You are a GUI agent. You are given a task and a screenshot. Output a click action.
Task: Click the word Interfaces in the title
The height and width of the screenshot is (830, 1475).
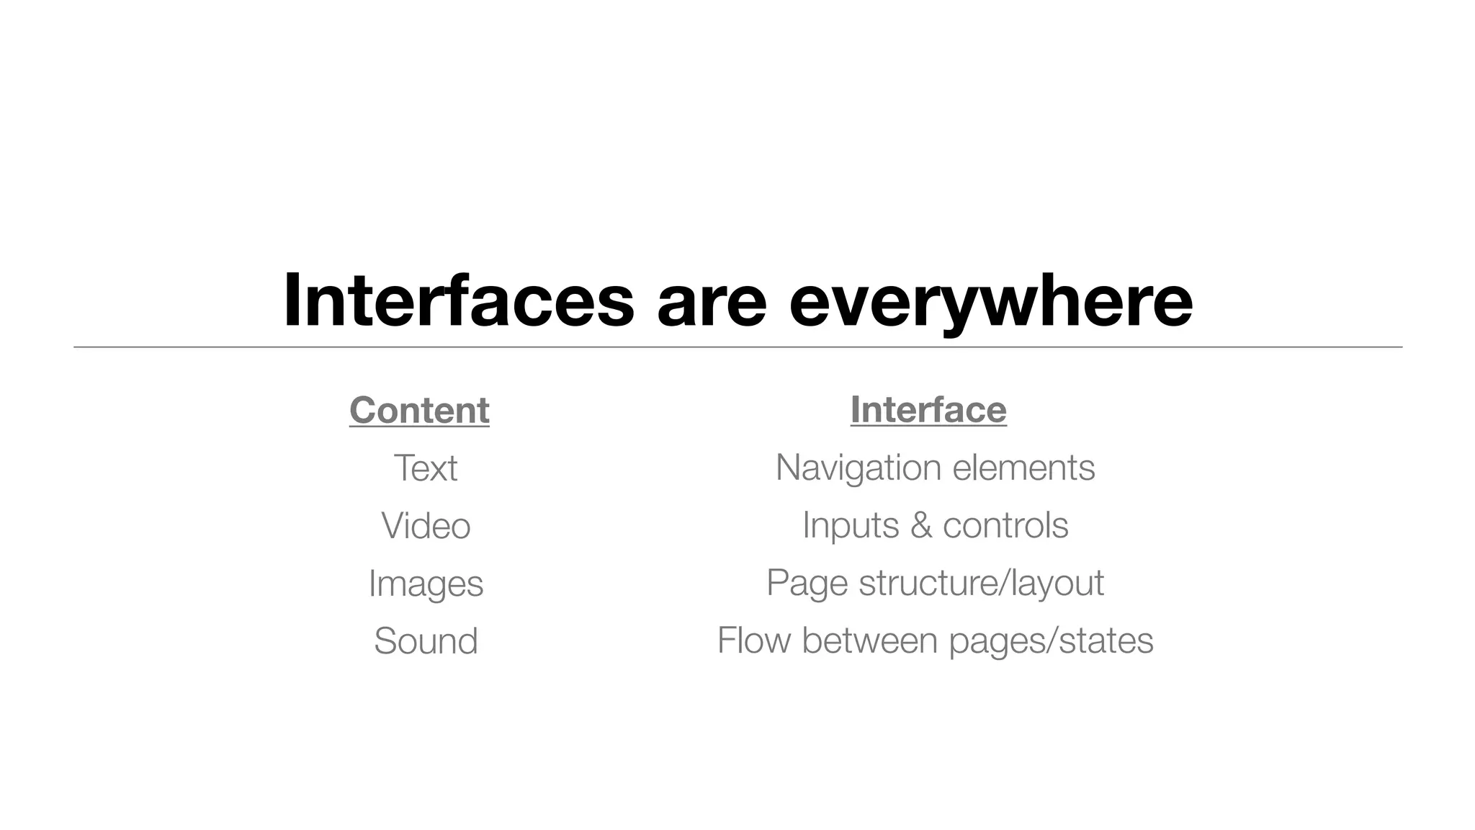(x=459, y=300)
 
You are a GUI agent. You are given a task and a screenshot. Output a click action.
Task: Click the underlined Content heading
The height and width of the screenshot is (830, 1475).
(x=419, y=411)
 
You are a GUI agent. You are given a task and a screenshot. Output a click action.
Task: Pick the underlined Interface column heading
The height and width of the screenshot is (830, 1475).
(x=928, y=410)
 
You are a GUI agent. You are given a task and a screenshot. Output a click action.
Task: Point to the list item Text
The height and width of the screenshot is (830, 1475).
(x=426, y=468)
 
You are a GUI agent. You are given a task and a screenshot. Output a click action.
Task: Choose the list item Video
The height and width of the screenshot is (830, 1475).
(x=426, y=526)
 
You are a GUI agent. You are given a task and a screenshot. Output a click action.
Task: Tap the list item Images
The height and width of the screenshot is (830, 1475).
(x=426, y=584)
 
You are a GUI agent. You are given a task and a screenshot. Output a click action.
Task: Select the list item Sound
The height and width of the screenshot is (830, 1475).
(x=426, y=641)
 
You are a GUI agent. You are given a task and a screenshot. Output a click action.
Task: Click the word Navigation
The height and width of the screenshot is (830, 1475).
(x=858, y=468)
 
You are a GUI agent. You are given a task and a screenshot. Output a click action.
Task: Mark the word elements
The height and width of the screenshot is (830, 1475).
(x=1023, y=468)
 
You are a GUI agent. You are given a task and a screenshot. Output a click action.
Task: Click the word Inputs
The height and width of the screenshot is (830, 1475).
(x=851, y=525)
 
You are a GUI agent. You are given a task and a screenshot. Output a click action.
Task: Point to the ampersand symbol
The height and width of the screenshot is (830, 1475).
(x=920, y=525)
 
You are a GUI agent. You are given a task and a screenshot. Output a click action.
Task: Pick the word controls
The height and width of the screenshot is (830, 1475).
(x=1005, y=525)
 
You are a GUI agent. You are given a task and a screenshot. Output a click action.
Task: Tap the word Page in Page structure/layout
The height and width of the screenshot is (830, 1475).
(x=807, y=584)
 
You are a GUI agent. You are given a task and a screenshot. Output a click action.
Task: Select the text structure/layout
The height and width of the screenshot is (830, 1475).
(x=981, y=583)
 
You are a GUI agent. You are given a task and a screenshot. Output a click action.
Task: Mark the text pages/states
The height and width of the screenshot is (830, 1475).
(x=1052, y=641)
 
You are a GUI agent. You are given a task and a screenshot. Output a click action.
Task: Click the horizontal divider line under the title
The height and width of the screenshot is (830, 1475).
(x=737, y=347)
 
